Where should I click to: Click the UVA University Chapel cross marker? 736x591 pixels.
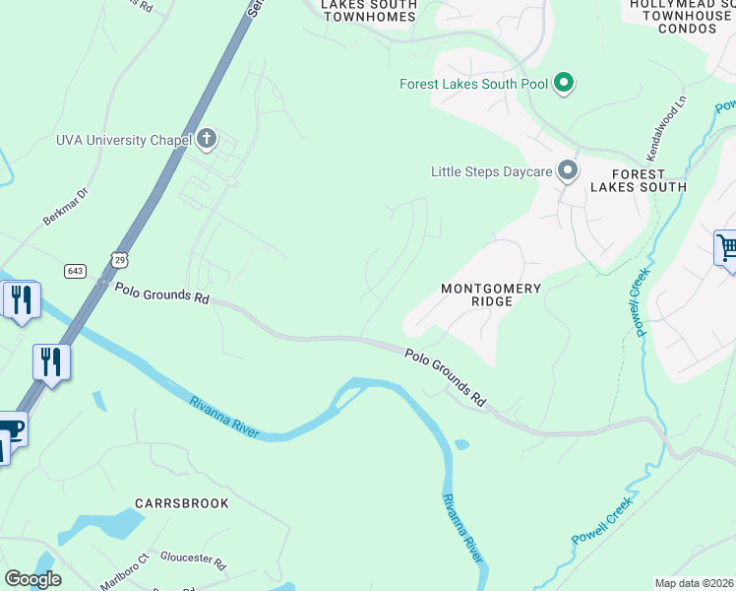[x=207, y=139]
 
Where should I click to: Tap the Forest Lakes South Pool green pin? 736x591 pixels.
[x=564, y=84]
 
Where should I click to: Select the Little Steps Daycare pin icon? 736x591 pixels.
[x=568, y=171]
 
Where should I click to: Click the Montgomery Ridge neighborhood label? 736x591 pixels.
[x=490, y=295]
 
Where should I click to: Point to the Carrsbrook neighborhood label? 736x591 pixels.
[x=182, y=503]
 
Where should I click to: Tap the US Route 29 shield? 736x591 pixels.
[x=119, y=259]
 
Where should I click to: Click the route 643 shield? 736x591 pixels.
[x=76, y=270]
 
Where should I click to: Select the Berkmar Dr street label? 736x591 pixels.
[x=67, y=207]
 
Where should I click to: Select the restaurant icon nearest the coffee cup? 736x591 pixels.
[x=51, y=361]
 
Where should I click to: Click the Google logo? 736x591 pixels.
[x=33, y=579]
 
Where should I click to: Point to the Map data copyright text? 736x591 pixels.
[x=695, y=583]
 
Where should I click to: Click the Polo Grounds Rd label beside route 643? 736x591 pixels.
[x=162, y=294]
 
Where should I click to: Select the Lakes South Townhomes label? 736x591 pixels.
[x=369, y=11]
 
